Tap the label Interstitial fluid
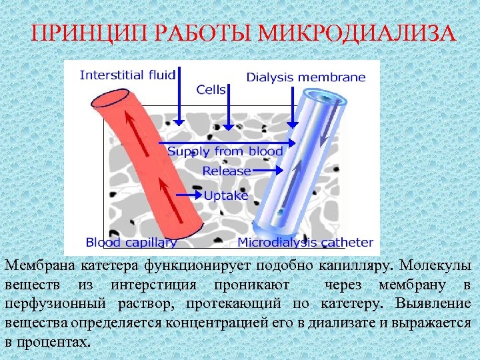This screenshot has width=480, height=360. tap(127, 75)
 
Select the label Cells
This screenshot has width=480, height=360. tap(211, 89)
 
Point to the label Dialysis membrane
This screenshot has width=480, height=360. tap(306, 77)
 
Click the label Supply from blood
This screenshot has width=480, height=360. tap(225, 151)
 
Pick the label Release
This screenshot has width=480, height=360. tap(227, 171)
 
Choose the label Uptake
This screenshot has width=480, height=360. tap(226, 195)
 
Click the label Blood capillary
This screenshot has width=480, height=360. tap(131, 243)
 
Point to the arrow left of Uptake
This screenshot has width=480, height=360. tap(189, 195)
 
